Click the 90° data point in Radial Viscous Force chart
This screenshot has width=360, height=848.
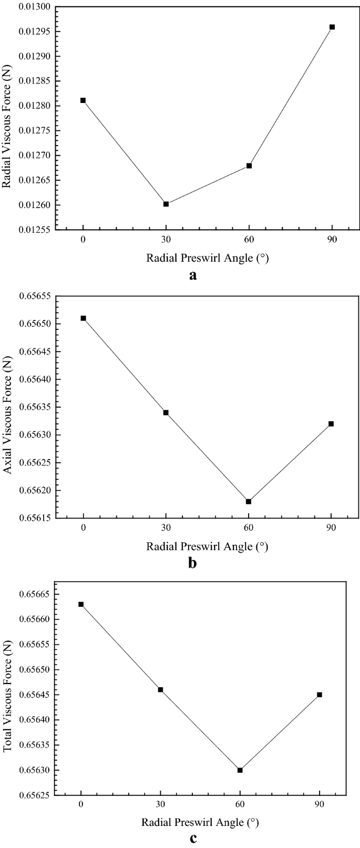click(332, 27)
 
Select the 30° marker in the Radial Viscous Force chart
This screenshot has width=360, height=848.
click(166, 204)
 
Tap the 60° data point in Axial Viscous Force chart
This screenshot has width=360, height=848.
click(249, 501)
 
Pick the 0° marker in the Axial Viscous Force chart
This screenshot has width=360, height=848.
click(84, 318)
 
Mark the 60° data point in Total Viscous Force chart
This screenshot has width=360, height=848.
click(240, 770)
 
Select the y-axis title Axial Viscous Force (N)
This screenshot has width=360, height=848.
click(7, 406)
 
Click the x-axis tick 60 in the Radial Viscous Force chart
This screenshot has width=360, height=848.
click(249, 240)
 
